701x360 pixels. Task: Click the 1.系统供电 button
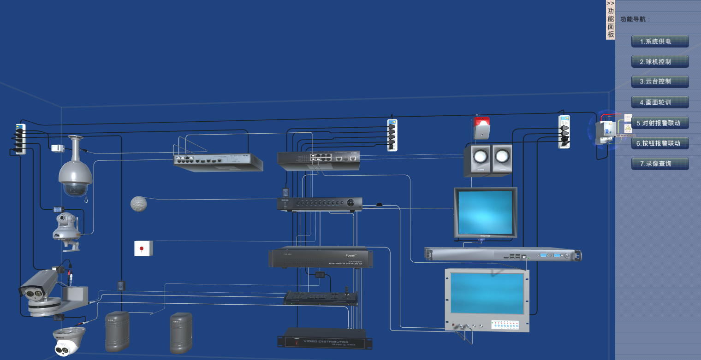660,41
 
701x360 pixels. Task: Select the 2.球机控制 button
660,62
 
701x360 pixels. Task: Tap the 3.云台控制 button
660,82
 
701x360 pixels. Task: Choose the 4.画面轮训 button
660,102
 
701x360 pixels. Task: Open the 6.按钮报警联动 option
660,143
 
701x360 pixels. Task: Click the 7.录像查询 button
660,164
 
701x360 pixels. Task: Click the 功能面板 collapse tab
610,20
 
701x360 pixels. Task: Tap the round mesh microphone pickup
138,204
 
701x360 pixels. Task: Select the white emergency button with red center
143,248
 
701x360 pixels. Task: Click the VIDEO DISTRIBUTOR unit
324,339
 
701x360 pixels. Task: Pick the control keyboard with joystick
321,298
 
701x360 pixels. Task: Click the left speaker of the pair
477,159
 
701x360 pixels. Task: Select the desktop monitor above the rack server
485,212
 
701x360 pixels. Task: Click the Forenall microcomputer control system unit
321,258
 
